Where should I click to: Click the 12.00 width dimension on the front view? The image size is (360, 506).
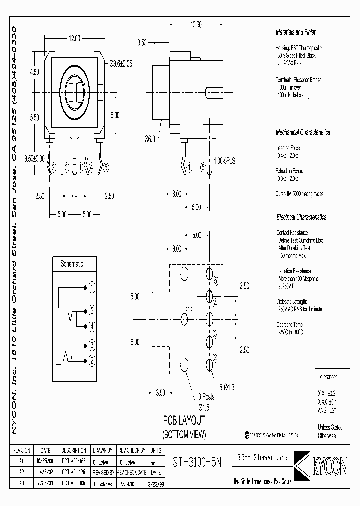click(74, 38)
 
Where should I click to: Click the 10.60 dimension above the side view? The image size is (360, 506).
click(196, 25)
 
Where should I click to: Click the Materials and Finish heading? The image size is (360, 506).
click(296, 32)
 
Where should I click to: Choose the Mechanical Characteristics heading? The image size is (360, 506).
click(303, 132)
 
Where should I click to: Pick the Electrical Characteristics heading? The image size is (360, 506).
click(301, 217)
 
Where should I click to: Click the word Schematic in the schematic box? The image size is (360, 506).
click(71, 264)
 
